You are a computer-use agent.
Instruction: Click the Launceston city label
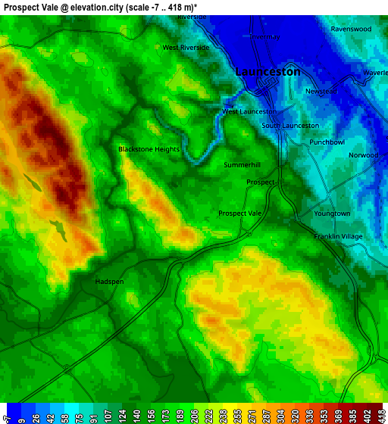coord(268,71)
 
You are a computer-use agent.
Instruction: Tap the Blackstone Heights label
coord(149,149)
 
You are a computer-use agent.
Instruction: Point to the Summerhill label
coord(242,164)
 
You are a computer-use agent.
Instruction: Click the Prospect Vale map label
coord(239,214)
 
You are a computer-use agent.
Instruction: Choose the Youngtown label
coord(332,214)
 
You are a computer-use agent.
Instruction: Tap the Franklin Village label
coord(338,236)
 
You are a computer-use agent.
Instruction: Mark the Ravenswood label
coord(351,29)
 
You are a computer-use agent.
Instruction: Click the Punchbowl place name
coord(327,142)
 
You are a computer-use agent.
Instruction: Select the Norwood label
coord(363,155)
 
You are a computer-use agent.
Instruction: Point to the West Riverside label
coord(186,47)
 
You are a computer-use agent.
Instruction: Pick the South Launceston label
coord(290,126)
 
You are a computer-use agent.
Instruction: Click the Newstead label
coord(321,91)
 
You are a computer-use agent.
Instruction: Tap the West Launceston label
coord(249,111)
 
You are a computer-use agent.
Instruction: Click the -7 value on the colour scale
coord(8,415)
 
